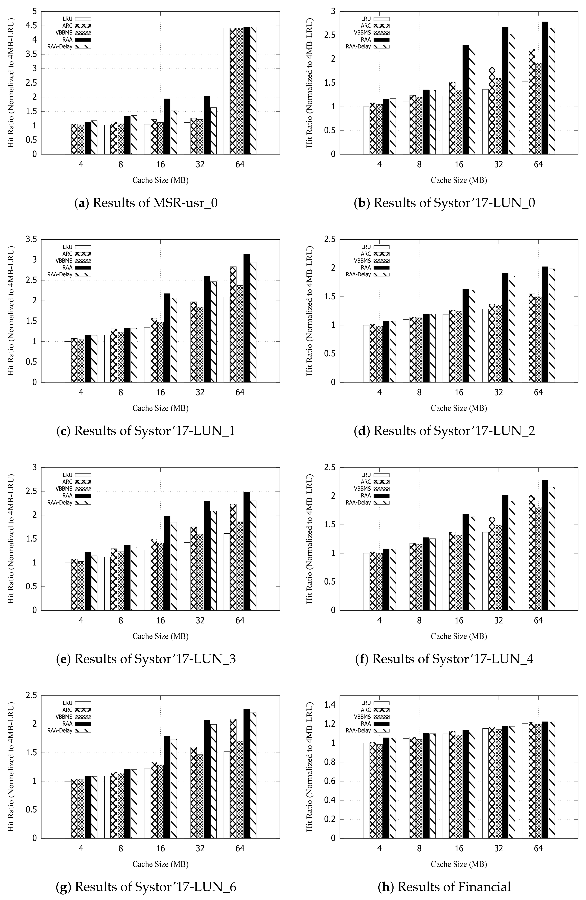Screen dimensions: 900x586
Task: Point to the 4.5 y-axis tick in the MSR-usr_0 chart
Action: pos(34,26)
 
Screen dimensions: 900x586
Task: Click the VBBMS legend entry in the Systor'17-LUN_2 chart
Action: pos(371,261)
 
